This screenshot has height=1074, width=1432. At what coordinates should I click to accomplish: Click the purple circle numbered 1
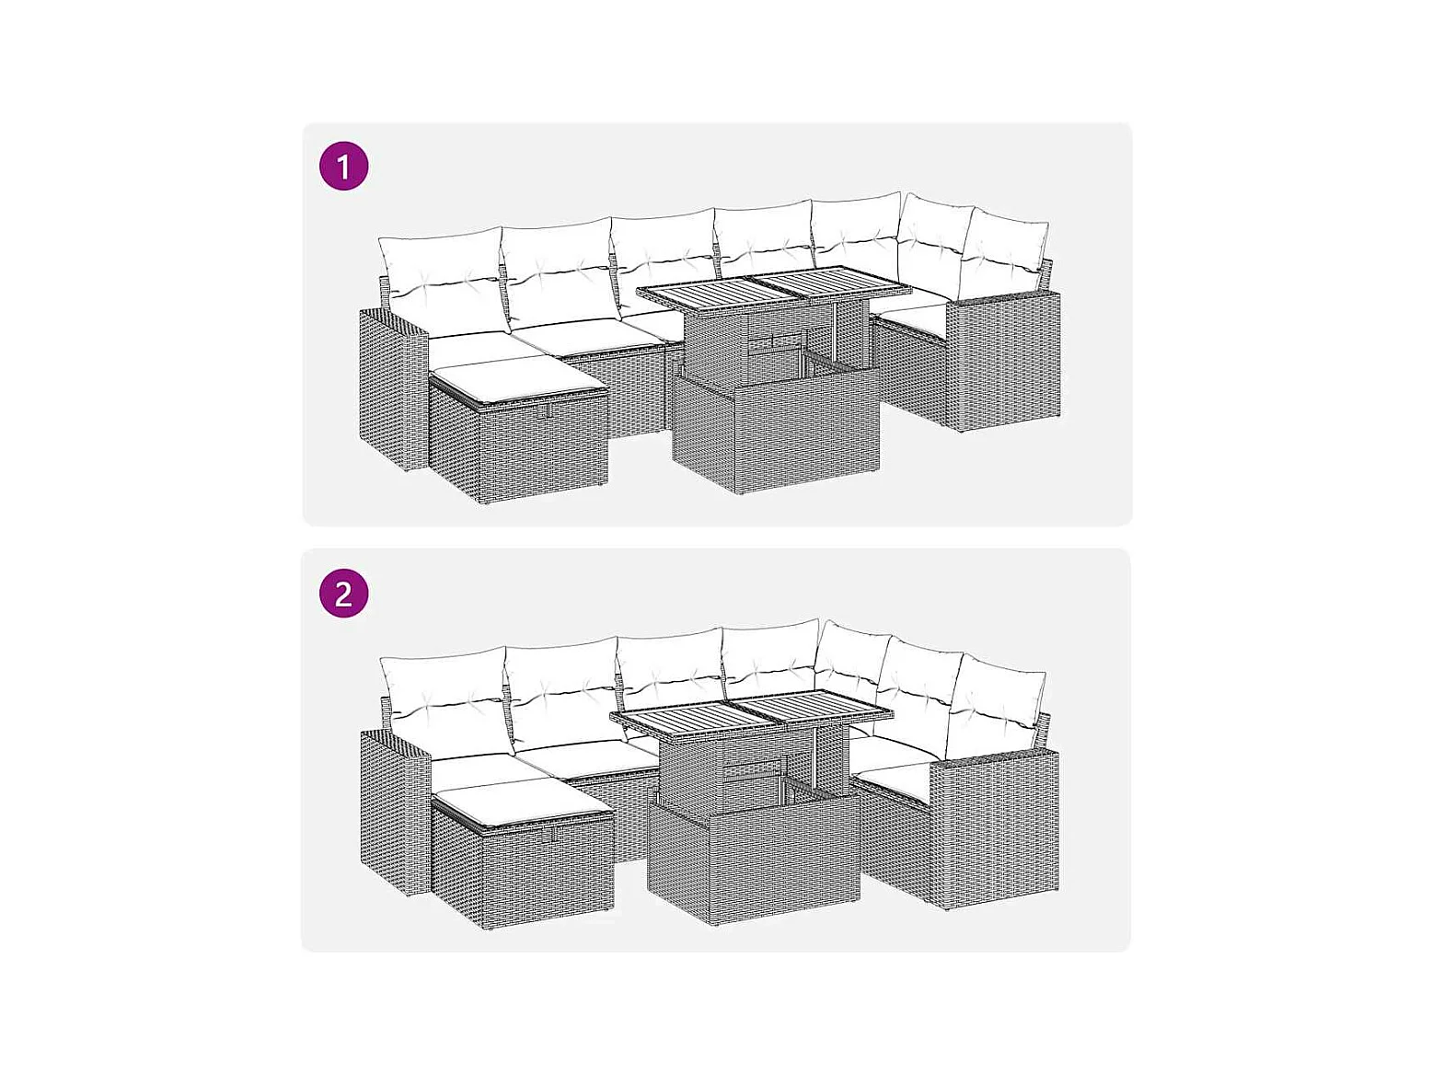pos(344,167)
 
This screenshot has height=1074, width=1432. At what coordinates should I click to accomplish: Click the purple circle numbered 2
pos(344,593)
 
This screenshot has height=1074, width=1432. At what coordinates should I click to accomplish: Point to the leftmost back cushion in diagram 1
pos(443,282)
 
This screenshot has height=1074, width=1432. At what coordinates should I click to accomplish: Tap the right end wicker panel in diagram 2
pos(994,828)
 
